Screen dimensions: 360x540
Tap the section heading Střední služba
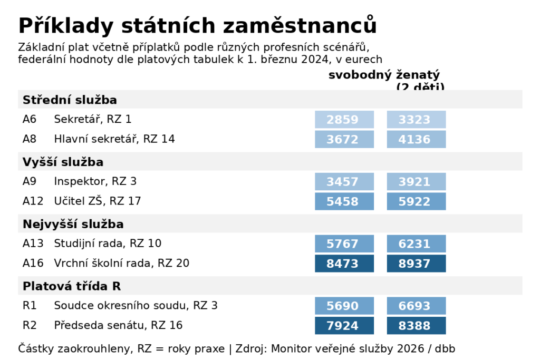[x=70, y=100]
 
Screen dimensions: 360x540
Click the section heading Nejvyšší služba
[x=73, y=224]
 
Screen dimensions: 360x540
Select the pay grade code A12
[x=32, y=201]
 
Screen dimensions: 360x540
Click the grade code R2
[x=29, y=326]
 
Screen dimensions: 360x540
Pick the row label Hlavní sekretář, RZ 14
[x=114, y=140]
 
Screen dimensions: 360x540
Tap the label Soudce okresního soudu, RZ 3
[x=136, y=306]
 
